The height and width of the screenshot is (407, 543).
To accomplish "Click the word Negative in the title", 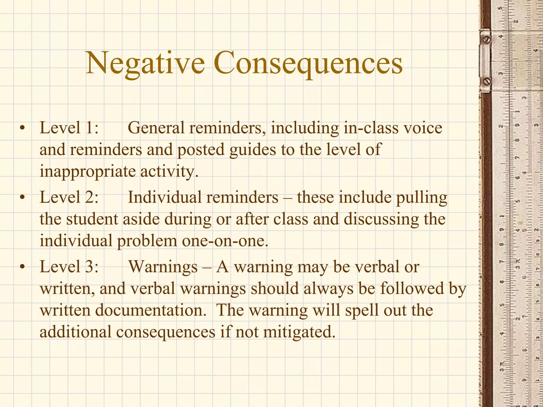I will (145, 64).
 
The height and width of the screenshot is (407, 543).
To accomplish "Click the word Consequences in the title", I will (308, 64).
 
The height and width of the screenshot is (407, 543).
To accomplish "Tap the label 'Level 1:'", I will (69, 128).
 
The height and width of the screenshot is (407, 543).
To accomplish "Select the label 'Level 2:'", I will (69, 197).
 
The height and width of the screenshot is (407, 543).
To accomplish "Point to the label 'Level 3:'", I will (69, 267).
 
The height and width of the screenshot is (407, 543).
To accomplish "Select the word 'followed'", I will (412, 288).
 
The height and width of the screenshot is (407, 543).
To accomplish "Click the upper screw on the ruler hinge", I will (487, 40).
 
